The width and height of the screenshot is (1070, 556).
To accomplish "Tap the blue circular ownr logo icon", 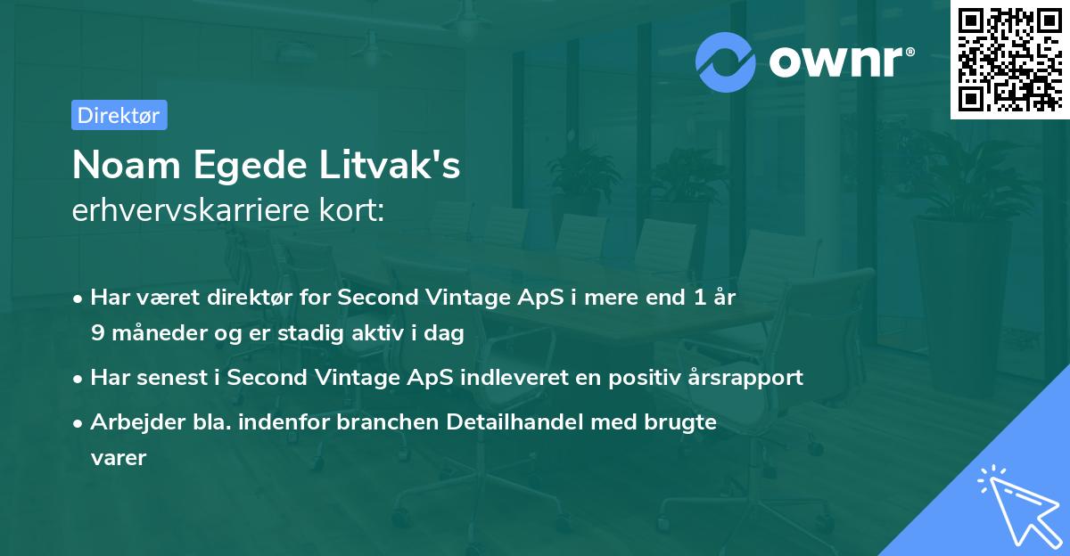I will click(x=726, y=61).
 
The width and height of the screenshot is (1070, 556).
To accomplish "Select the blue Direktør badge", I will click(x=119, y=115).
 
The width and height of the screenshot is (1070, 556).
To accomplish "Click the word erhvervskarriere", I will click(x=184, y=211).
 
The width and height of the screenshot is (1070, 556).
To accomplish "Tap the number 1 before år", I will click(x=698, y=298).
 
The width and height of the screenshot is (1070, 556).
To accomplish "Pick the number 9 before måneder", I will click(x=96, y=333).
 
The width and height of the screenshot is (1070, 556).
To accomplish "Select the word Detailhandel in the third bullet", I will click(x=529, y=422).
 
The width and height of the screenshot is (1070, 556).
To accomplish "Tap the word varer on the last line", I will click(x=118, y=458).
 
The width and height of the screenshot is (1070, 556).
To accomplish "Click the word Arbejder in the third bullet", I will click(x=129, y=422).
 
